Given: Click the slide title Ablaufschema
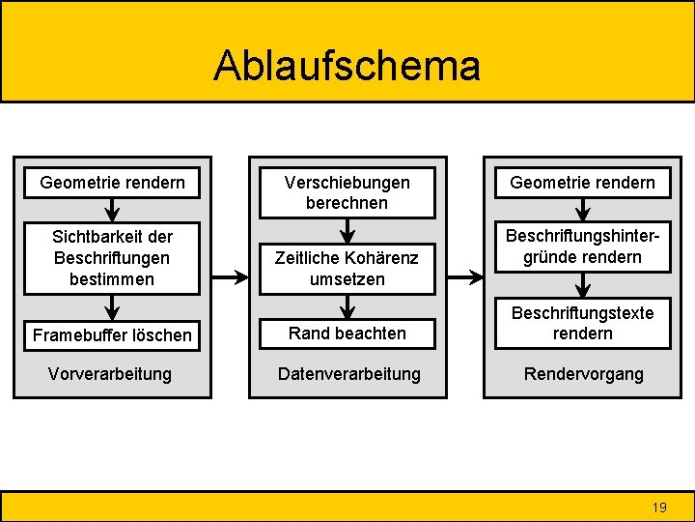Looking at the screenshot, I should [x=347, y=66].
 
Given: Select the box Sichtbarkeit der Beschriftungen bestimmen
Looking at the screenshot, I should [x=113, y=258].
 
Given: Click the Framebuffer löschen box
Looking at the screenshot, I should [x=113, y=334].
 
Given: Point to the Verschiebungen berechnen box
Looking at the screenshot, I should [x=347, y=191].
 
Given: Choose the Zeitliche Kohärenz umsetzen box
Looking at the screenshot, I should [x=347, y=268].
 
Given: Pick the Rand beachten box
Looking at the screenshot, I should [x=347, y=333].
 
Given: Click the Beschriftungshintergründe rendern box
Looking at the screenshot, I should [x=582, y=246].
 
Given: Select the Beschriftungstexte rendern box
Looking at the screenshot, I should [x=582, y=323].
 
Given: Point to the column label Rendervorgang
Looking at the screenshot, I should [x=582, y=373].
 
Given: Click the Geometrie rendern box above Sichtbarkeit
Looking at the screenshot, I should [x=113, y=182].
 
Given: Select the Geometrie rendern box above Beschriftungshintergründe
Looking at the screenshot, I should [x=582, y=182].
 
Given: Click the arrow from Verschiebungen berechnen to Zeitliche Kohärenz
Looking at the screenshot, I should [x=347, y=231].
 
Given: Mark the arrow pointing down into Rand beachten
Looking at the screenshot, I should [x=347, y=305].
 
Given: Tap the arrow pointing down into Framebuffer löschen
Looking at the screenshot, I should [x=113, y=307].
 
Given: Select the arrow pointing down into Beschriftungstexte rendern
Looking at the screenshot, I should [x=582, y=285].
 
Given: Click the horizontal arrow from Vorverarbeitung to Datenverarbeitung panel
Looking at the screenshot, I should [x=230, y=277].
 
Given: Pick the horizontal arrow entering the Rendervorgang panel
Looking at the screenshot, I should [x=464, y=277].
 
